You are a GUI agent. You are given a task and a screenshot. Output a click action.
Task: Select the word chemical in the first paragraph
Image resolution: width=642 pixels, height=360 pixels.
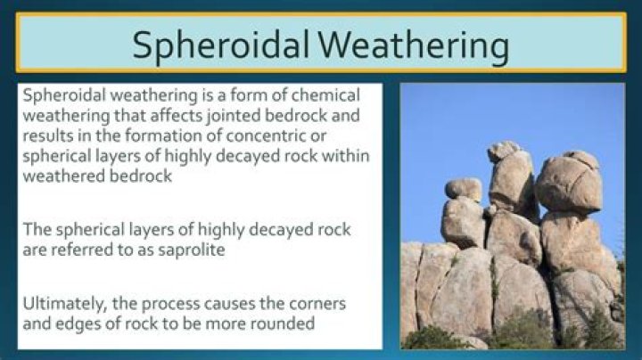tap(320, 95)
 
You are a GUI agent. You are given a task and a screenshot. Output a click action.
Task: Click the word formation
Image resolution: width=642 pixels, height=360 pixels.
tap(182, 135)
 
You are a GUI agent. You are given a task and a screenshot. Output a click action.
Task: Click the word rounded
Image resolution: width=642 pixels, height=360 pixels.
tap(283, 324)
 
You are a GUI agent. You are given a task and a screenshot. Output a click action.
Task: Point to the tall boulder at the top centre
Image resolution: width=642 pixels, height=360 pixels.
tap(510, 178)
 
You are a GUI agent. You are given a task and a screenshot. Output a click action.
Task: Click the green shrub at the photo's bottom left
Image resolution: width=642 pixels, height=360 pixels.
tap(434, 338)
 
